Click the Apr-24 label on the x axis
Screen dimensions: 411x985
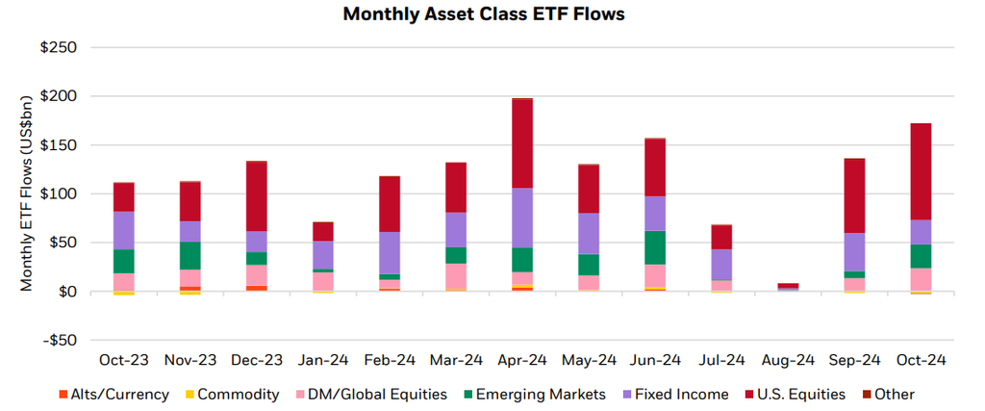point(522,360)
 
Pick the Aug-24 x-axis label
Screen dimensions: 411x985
point(788,360)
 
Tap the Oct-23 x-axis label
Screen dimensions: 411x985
point(124,360)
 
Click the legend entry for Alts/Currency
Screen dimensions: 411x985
point(120,394)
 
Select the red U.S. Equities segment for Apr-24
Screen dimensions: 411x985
point(522,143)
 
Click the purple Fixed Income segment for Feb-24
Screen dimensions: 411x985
point(390,253)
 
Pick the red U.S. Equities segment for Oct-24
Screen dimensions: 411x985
point(921,171)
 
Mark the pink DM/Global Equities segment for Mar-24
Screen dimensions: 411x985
point(456,275)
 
